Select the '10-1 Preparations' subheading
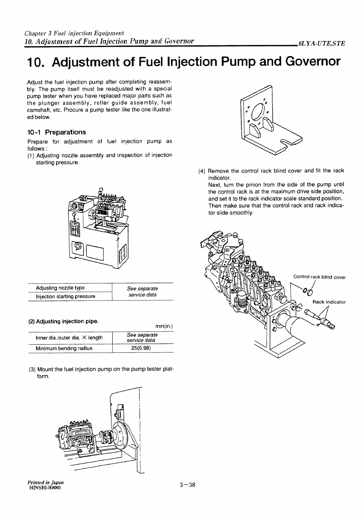coord(57,132)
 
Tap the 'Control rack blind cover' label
coord(319,277)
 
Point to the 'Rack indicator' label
coord(329,302)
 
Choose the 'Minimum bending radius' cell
coord(64,348)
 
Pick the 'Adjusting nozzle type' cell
coord(60,288)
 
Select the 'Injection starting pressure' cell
coord(65,296)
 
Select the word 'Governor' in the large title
coord(313,61)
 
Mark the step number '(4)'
coord(202,171)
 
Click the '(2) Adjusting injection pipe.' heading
coord(63,321)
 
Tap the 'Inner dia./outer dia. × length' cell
coord(69,337)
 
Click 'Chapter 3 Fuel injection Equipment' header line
coord(74,33)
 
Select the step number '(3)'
coord(32,369)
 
